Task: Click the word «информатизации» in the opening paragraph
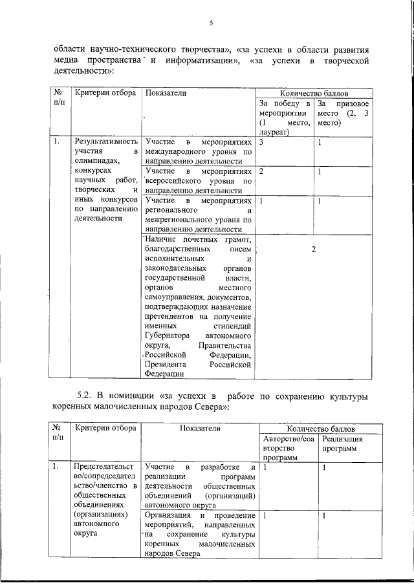tap(199, 61)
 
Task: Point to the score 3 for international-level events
tap(260, 142)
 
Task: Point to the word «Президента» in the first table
tap(165, 364)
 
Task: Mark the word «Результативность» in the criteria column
tap(106, 142)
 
